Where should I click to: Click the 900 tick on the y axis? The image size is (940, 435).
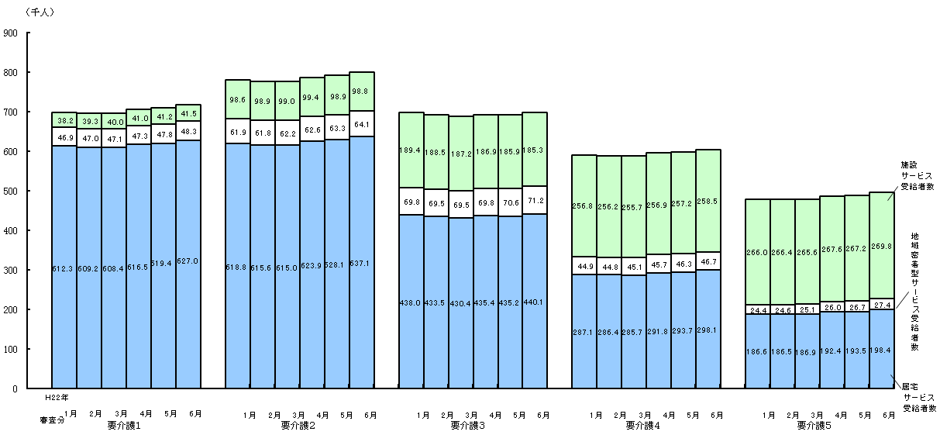coord(12,33)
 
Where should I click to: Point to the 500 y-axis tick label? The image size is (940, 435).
coord(12,192)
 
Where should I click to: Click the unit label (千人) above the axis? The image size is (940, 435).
coord(40,12)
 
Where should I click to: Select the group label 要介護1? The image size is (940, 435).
coord(124,426)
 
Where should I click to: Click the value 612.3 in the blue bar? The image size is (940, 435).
coord(64,270)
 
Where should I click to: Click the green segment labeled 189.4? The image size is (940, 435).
coord(411,151)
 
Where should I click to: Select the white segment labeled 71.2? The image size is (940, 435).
coord(535,200)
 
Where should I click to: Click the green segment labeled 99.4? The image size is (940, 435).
coord(312,96)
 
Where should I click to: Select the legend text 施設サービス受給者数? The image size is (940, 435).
coord(918,176)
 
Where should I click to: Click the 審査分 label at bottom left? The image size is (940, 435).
coord(51,419)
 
